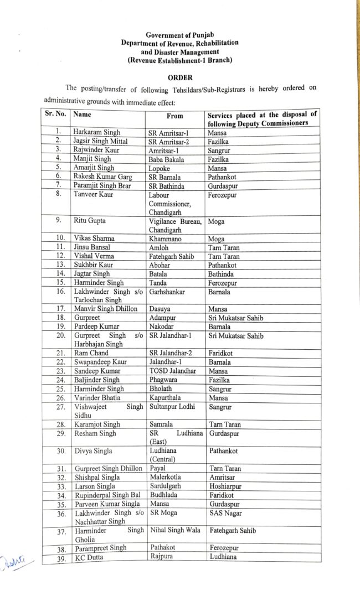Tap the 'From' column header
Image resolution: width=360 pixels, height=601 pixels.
coord(174,116)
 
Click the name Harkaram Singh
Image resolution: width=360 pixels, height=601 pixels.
coord(96,132)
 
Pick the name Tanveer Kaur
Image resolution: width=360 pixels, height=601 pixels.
coord(94,194)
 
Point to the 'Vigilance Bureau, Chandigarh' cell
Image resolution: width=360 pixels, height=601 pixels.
coord(174,225)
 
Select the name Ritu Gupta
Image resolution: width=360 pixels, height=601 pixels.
coord(90,220)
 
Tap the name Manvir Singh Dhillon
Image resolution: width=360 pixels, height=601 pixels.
coord(106,309)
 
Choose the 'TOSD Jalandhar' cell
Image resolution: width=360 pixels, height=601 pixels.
coord(172,371)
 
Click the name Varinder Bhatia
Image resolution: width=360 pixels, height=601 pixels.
coord(97,397)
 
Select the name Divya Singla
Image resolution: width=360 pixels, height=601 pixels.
coord(93,450)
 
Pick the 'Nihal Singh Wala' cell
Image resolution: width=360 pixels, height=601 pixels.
coord(175,530)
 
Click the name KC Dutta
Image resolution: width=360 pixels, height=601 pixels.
coord(90,557)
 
